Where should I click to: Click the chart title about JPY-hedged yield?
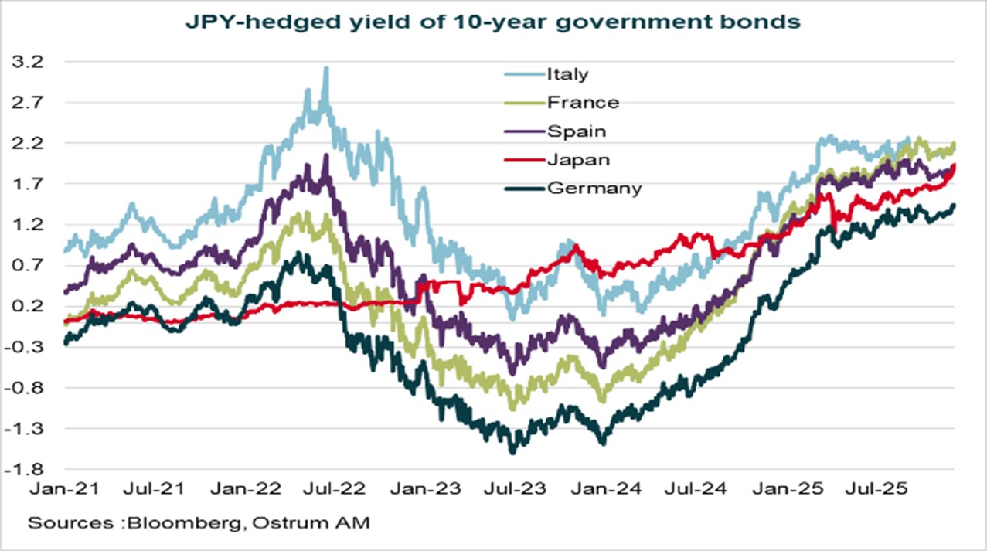(x=493, y=22)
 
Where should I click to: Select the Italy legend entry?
(x=567, y=74)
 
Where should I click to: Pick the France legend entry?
(x=582, y=102)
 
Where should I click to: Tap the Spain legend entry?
(x=576, y=131)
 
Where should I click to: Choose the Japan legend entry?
(x=578, y=159)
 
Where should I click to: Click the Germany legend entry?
(x=594, y=188)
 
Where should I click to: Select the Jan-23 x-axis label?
(x=422, y=488)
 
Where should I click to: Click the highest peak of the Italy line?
(x=326, y=68)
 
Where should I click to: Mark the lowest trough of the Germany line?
(x=512, y=452)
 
